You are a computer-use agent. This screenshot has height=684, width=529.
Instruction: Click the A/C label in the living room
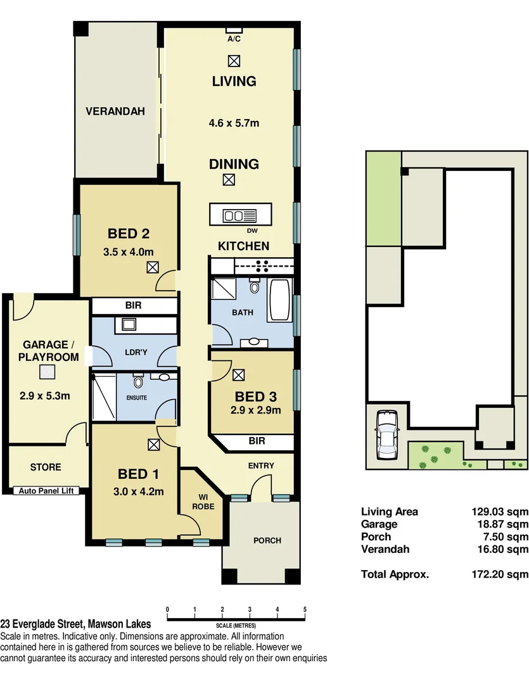coord(234,39)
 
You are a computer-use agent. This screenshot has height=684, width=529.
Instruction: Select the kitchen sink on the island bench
coord(233,215)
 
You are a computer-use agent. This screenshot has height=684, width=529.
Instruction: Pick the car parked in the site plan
coord(386,435)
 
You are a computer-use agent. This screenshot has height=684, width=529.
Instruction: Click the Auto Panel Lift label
coord(46,490)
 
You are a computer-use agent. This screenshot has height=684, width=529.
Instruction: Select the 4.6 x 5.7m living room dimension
coord(234,123)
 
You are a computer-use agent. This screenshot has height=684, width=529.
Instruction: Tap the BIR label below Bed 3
coord(257,441)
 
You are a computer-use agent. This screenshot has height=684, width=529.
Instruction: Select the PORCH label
coord(267,540)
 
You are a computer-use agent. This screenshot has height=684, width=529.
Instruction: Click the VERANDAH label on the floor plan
coord(115,111)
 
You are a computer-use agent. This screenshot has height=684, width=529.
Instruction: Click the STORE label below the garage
coord(46,467)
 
